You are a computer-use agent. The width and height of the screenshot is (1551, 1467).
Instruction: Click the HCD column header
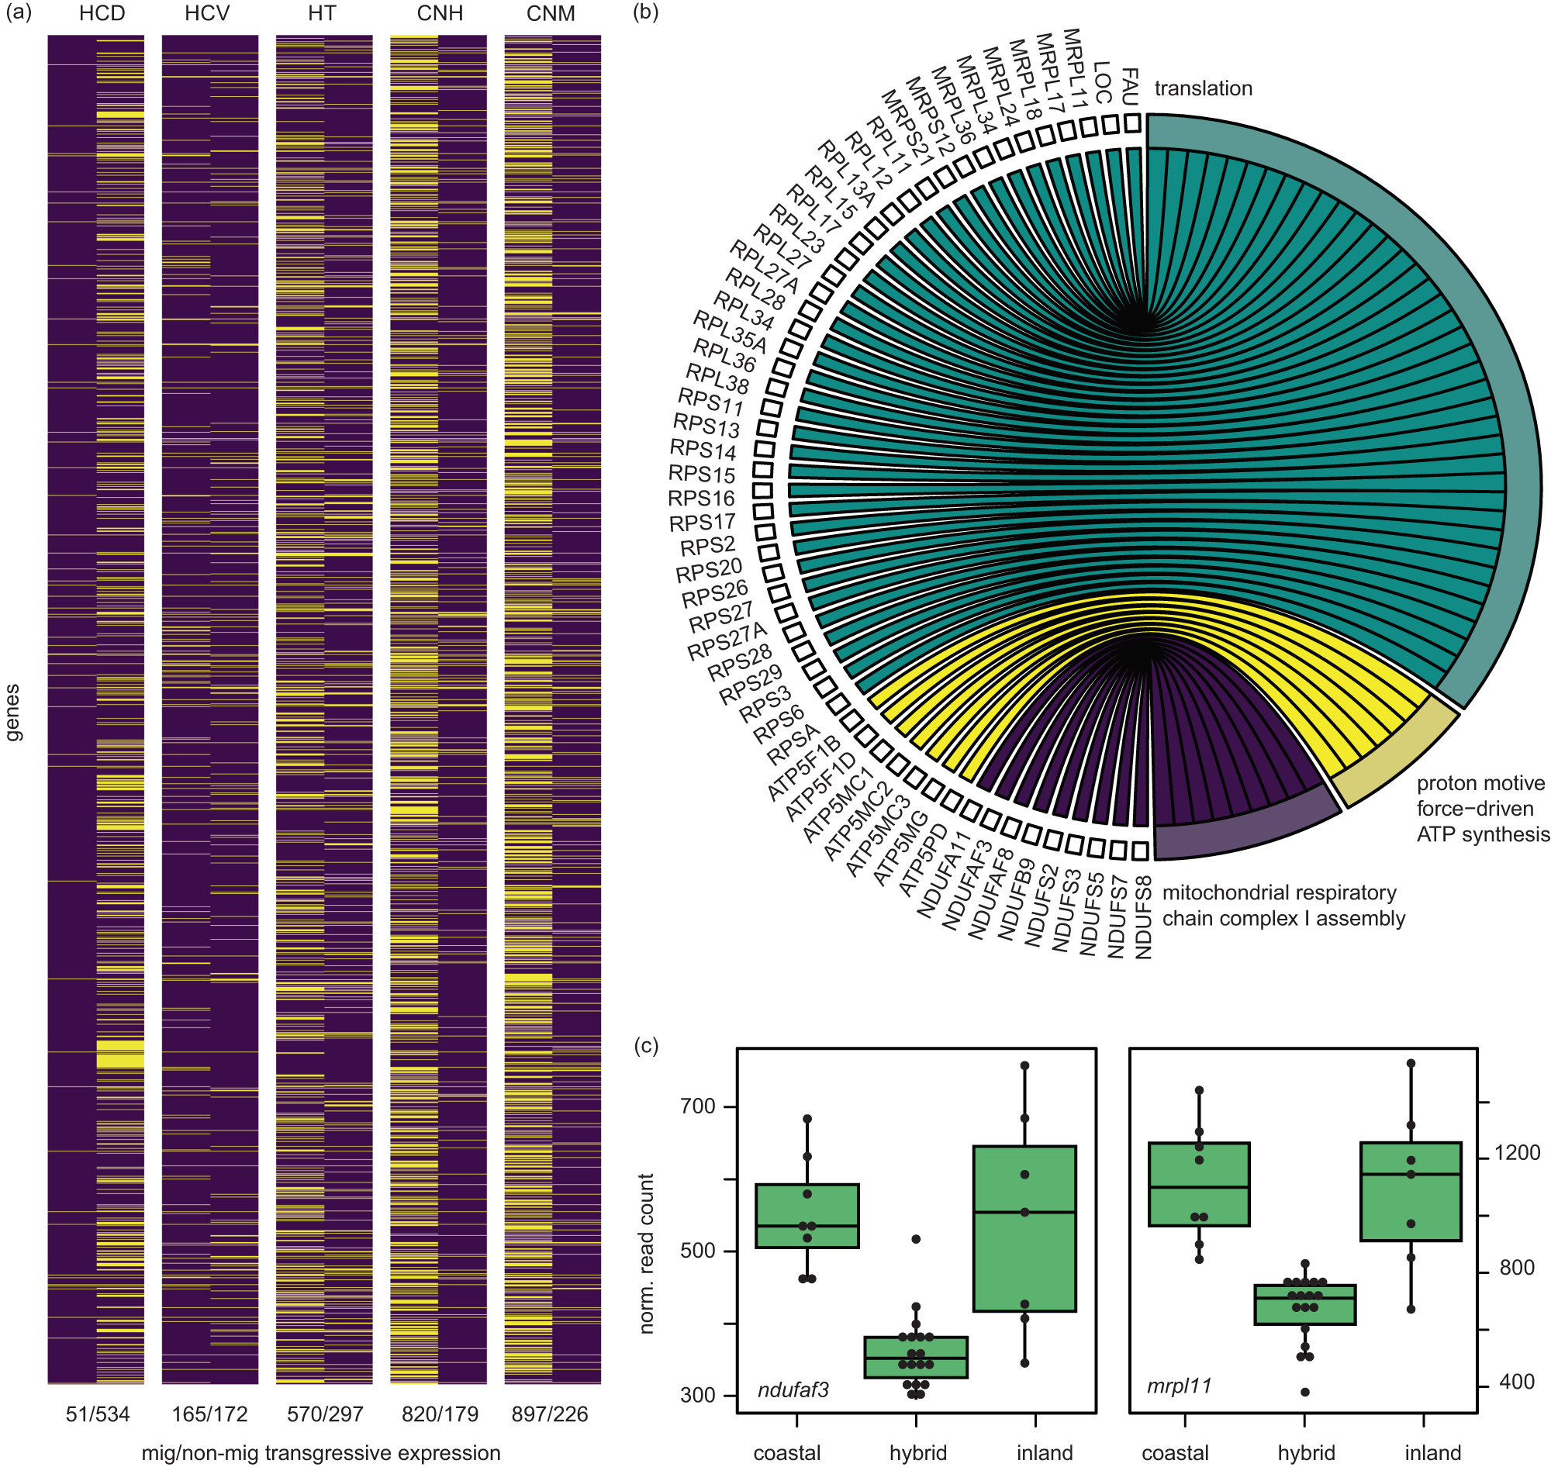coord(102,14)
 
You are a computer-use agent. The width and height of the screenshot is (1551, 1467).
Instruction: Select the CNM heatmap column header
coord(551,14)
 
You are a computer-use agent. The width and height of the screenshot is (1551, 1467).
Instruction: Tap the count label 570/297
coord(325,1413)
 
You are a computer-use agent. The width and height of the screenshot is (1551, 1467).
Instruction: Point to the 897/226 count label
coord(550,1413)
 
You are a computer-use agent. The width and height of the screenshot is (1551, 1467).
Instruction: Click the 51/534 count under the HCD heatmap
coord(97,1413)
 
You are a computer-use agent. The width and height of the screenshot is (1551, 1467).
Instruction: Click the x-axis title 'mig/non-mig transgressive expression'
coord(321,1453)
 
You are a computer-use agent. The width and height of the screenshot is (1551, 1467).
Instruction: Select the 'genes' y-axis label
coord(13,712)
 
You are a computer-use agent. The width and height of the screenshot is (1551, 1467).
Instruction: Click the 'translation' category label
coord(1203,88)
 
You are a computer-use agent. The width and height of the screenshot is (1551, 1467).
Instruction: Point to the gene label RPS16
coord(701,498)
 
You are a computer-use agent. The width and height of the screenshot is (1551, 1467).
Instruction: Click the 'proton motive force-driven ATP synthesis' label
coord(1482,809)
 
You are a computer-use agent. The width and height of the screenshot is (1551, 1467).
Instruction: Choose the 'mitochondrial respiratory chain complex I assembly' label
coord(1283,906)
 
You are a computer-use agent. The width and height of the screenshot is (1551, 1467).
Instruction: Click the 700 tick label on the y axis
coord(698,1106)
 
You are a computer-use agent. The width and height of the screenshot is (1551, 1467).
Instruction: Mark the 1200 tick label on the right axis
coord(1517,1153)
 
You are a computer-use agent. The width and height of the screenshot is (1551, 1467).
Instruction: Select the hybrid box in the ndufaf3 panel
coord(916,1357)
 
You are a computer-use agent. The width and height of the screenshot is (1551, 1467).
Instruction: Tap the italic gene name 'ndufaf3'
coord(793,1389)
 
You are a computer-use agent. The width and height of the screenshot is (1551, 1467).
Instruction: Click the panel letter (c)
coord(646,1045)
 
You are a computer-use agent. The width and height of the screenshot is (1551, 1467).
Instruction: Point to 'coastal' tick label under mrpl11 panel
coord(1175,1453)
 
